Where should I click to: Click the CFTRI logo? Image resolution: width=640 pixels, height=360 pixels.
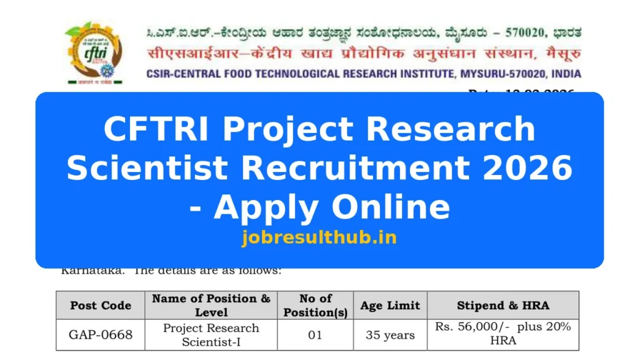click(94, 52)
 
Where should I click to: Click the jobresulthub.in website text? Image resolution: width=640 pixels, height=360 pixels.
click(319, 237)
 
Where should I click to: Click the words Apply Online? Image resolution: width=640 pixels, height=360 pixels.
click(331, 206)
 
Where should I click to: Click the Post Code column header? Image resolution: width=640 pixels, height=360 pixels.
click(101, 306)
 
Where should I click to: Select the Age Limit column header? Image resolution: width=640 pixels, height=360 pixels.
click(390, 306)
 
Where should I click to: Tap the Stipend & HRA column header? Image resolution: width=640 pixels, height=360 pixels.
click(503, 306)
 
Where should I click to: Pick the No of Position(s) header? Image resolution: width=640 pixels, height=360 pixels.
click(316, 306)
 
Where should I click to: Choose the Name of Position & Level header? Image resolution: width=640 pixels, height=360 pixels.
click(211, 306)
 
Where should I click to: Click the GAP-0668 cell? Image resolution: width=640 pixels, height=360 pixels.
click(101, 335)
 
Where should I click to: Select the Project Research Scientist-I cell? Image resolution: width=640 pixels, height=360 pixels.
click(211, 335)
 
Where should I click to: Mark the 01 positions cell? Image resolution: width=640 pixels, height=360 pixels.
click(316, 335)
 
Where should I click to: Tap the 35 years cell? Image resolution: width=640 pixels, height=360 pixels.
click(390, 335)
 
